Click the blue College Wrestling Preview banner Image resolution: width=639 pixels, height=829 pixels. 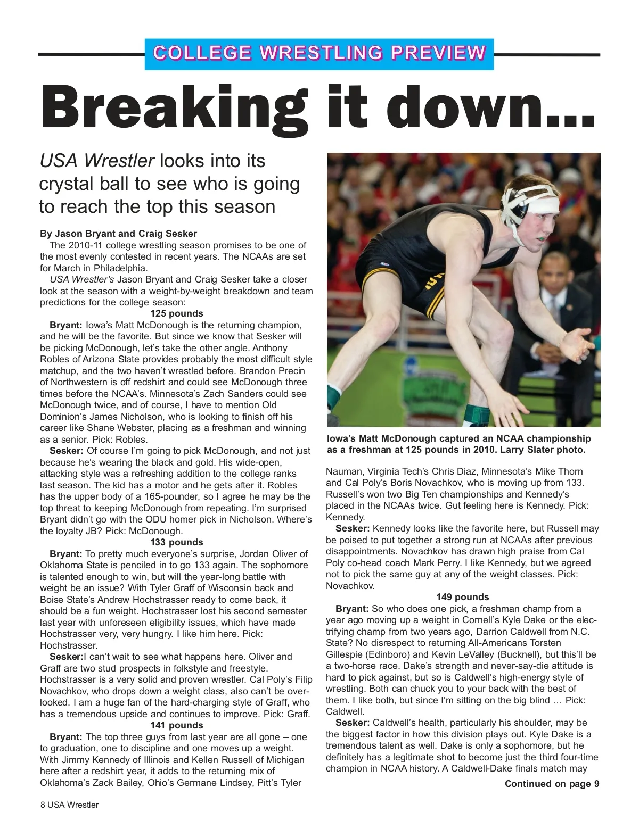click(319, 54)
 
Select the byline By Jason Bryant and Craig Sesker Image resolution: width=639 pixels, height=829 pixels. click(118, 234)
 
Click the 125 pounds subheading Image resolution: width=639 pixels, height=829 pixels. click(177, 313)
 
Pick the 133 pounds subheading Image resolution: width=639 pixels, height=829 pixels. click(177, 542)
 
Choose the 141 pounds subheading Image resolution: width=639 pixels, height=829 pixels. click(177, 725)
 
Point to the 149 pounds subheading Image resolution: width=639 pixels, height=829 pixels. click(462, 597)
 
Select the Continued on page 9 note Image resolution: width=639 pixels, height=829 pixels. click(552, 784)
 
